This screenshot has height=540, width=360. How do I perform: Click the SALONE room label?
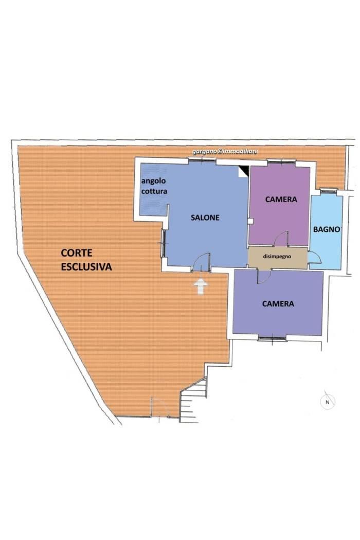(x=205, y=218)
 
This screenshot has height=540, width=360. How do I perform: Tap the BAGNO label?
(x=327, y=229)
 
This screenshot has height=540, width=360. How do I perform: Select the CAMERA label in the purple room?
(x=281, y=199)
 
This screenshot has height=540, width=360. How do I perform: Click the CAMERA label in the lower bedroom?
(x=278, y=303)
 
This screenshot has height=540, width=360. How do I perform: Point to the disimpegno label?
(x=277, y=256)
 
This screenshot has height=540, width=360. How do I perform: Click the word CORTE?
(x=77, y=253)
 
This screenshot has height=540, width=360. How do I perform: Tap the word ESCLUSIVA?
(x=86, y=267)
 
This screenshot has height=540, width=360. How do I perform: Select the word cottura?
(x=154, y=191)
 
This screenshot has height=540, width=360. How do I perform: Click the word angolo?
(x=153, y=181)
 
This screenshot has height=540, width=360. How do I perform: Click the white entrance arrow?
(x=201, y=286)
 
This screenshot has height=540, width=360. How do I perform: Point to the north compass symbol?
(x=328, y=401)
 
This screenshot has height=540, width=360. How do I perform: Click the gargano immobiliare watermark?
(x=225, y=152)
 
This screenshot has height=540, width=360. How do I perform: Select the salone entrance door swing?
(x=201, y=262)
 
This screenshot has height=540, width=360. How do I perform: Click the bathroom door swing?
(x=315, y=257)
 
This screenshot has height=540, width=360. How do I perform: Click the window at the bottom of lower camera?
(x=272, y=338)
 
